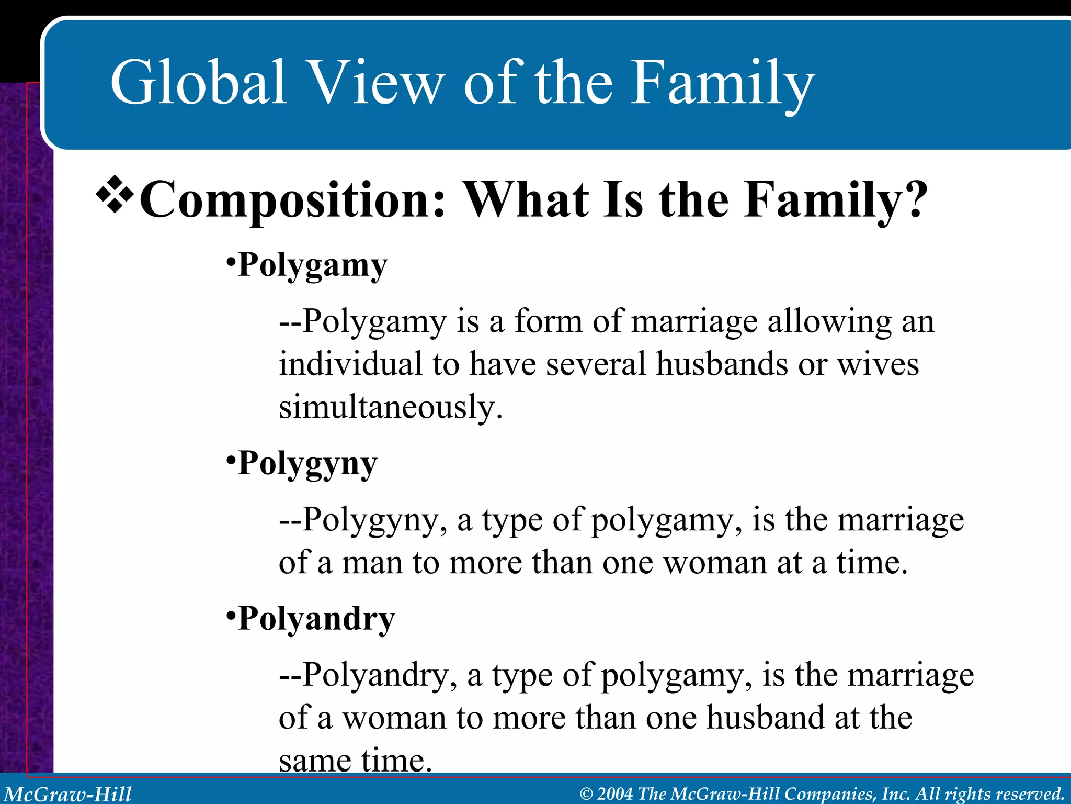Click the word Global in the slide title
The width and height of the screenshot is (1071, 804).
[x=198, y=83]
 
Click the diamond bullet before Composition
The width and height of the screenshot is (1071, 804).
[x=115, y=196]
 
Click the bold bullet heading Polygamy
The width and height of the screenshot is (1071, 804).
[x=312, y=265]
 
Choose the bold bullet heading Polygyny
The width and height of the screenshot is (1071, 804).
[x=307, y=464]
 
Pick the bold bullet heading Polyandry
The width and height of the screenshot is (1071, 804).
[x=316, y=619]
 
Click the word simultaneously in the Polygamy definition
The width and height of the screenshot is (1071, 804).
[x=390, y=407]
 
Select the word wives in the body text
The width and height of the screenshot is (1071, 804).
[x=879, y=364]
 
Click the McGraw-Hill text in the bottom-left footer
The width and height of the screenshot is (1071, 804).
[x=68, y=794]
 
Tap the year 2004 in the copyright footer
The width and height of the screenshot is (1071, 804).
[x=615, y=794]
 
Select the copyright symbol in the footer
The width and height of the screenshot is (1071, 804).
[x=586, y=794]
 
